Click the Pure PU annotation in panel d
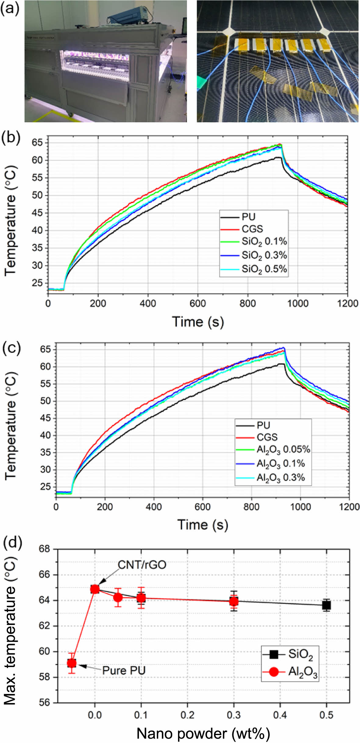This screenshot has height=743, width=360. (124, 670)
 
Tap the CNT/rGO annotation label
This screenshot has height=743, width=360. (142, 565)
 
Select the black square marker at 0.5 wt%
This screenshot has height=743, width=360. (326, 605)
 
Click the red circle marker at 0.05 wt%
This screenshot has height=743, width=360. (118, 597)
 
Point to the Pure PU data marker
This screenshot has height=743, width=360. (72, 663)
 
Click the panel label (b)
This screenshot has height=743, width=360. (11, 137)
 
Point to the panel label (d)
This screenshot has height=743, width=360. (12, 543)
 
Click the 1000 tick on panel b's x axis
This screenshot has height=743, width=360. (298, 303)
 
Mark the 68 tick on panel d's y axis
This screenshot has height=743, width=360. (44, 549)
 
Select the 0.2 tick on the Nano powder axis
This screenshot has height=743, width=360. (187, 715)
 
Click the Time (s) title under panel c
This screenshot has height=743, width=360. (203, 524)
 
